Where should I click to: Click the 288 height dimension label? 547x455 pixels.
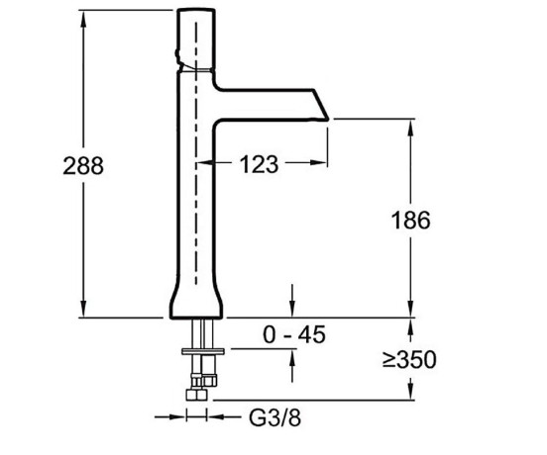83,166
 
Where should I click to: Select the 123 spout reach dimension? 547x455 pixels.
260,164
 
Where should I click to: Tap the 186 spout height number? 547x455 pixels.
411,221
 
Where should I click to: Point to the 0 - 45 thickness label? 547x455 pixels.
294,334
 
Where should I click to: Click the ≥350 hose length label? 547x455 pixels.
409,359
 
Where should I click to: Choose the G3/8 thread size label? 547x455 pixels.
274,417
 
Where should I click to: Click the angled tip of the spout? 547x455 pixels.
321,105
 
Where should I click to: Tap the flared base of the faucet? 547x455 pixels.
196,300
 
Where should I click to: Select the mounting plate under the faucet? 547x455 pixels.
203,351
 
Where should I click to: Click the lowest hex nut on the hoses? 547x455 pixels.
196,395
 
